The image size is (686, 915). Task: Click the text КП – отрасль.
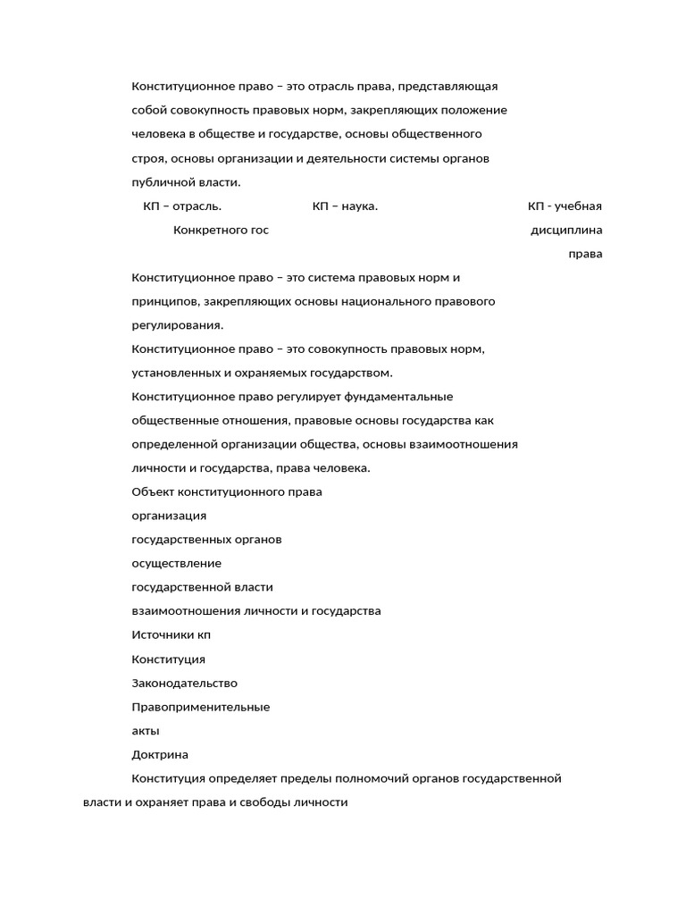(x=182, y=206)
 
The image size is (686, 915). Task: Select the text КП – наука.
(x=345, y=206)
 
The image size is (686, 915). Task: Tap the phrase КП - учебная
(x=565, y=206)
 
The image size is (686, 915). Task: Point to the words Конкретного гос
(x=221, y=231)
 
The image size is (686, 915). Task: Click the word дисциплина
(x=566, y=231)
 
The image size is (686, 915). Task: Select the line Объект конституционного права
(x=227, y=492)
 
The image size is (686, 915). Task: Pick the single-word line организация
(x=169, y=516)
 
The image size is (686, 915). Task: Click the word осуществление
(x=177, y=564)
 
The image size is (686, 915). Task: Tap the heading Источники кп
(x=171, y=635)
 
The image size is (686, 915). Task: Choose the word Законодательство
(x=185, y=684)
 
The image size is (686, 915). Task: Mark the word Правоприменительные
(x=201, y=707)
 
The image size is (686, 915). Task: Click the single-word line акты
(x=146, y=731)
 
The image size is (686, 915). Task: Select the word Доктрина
(x=160, y=755)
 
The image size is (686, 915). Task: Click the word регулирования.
(x=177, y=325)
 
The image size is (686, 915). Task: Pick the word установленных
(x=176, y=373)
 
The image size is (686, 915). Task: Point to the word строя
(x=148, y=158)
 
